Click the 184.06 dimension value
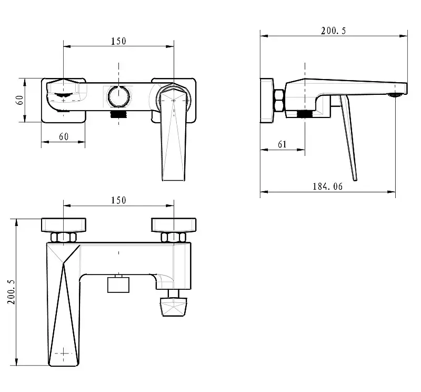pyautogui.click(x=327, y=187)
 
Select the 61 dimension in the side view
pyautogui.click(x=282, y=144)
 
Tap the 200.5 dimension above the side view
pyautogui.click(x=334, y=31)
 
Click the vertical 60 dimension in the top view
pyautogui.click(x=19, y=100)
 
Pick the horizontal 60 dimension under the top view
pyautogui.click(x=63, y=136)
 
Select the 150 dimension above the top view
pyautogui.click(x=118, y=41)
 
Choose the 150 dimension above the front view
pyautogui.click(x=118, y=200)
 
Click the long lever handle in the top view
pyautogui.click(x=173, y=142)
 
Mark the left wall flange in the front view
pyautogui.click(x=63, y=225)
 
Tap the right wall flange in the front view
pyautogui.click(x=174, y=225)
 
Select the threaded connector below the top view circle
pyautogui.click(x=119, y=113)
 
